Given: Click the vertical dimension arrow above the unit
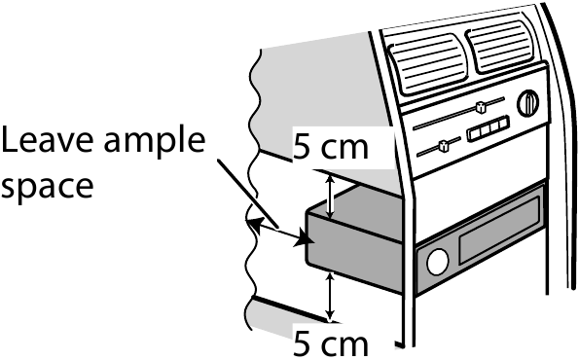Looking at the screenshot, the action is click(331, 193).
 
